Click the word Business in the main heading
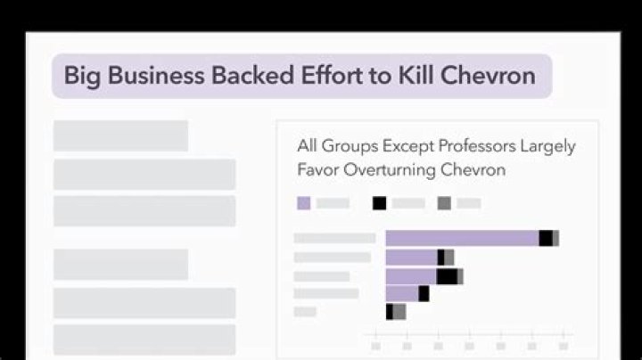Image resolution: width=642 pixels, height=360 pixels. pos(155,75)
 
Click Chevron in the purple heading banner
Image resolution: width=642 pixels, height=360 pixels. pos(490,75)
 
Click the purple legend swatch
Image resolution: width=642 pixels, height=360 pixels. pos(304,203)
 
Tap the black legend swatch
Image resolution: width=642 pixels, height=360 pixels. pos(380,203)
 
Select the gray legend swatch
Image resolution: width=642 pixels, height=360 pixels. pos(444,203)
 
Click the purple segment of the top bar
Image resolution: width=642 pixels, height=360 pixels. pos(462,238)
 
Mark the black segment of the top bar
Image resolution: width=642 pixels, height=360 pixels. pos(545,238)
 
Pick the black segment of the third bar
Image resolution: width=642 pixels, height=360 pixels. pos(446,275)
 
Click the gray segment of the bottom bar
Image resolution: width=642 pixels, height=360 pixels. pos(399,312)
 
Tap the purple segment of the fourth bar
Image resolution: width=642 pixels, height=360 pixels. pos(402,293)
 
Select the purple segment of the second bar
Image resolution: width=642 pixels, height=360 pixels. pos(411,257)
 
